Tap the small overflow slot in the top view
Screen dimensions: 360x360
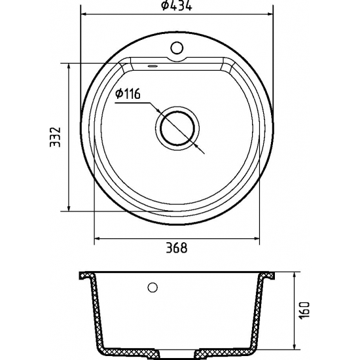[152, 65]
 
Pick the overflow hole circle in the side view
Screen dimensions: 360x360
[153, 287]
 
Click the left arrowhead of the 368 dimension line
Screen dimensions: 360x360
[99, 238]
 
